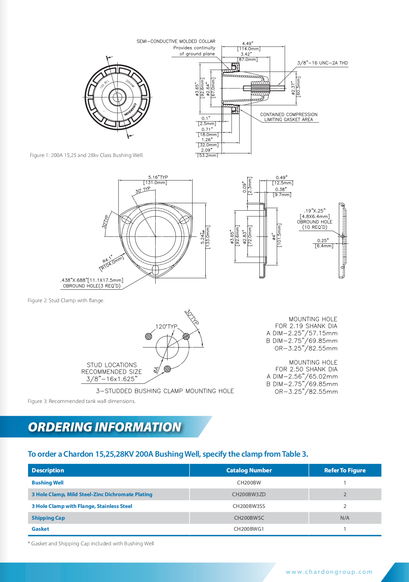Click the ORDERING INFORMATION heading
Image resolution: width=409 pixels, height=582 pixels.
point(105,427)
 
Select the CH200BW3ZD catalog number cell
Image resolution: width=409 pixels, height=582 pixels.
point(249,494)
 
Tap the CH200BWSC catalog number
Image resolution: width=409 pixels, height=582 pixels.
point(249,518)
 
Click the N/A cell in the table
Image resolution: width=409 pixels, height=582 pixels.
point(345,518)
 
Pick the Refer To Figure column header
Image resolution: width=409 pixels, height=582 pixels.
point(345,470)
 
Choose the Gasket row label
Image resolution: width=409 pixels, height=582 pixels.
point(40,529)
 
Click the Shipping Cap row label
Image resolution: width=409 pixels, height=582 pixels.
point(48,518)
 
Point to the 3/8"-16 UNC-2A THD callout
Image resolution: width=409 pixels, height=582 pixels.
point(322,63)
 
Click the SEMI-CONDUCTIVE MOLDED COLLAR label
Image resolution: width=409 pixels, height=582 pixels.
point(176,41)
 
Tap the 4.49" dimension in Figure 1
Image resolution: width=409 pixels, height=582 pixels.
point(248,43)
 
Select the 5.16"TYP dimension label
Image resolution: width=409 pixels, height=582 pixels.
point(158,177)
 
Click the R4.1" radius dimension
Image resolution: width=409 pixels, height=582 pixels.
point(107,258)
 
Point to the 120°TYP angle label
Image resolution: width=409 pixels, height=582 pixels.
point(166,326)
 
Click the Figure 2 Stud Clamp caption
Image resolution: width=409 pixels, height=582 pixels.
point(66,300)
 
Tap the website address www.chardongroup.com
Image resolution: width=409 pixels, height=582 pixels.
point(329,572)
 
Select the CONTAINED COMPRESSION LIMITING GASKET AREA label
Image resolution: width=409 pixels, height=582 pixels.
point(289,117)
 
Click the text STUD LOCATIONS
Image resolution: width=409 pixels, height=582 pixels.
point(112,365)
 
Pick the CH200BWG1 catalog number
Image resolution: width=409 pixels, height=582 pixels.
point(249,529)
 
